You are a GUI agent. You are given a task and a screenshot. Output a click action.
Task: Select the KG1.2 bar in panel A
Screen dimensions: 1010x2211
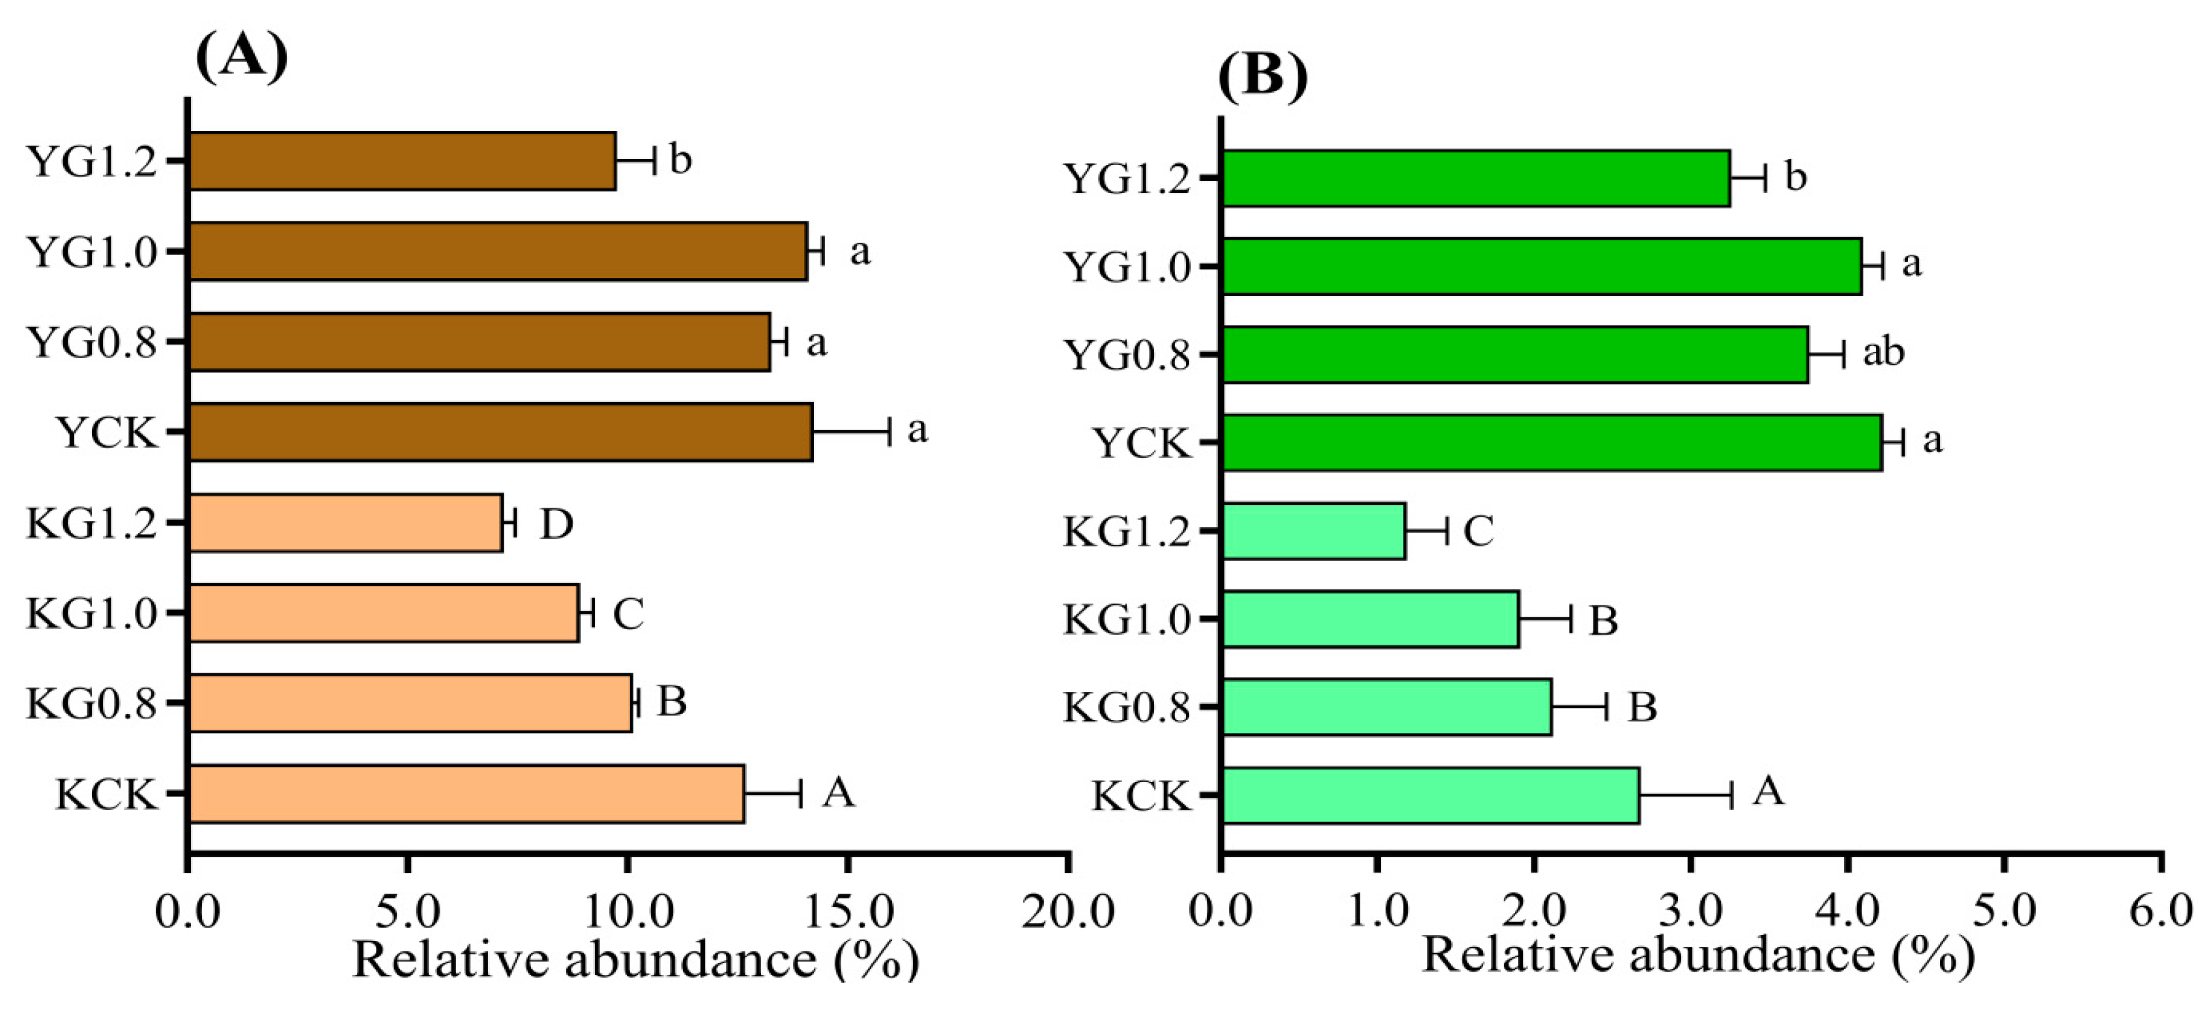pyautogui.click(x=345, y=523)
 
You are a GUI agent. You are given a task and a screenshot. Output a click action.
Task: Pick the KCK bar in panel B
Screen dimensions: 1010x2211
pyautogui.click(x=1430, y=796)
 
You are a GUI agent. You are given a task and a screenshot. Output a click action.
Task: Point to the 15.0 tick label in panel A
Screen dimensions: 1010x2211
pyautogui.click(x=847, y=912)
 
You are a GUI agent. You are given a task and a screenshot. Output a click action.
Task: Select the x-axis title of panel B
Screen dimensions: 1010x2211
pyautogui.click(x=1698, y=955)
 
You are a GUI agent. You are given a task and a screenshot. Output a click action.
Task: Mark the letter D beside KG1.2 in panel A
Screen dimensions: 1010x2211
pyautogui.click(x=556, y=523)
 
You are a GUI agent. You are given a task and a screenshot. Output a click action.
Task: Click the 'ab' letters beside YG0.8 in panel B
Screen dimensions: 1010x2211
pyautogui.click(x=1883, y=352)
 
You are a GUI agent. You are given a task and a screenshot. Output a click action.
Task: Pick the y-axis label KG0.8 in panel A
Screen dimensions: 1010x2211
pyautogui.click(x=92, y=704)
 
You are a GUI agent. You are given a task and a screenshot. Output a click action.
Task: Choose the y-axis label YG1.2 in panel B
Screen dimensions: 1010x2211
pyautogui.click(x=1127, y=179)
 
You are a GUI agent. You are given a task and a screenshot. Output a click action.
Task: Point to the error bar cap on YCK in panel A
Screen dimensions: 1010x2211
pyautogui.click(x=889, y=431)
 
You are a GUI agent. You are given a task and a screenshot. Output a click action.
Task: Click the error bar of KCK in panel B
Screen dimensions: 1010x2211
pyautogui.click(x=1685, y=796)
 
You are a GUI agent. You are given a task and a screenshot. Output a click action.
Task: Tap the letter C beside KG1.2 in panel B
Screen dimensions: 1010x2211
pyautogui.click(x=1478, y=531)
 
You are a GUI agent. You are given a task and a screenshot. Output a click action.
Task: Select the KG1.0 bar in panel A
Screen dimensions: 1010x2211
pyautogui.click(x=384, y=613)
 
